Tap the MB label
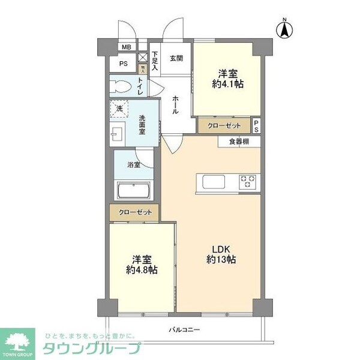126,47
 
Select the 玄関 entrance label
176,58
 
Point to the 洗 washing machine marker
119,109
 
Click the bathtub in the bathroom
135,191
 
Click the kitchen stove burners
248,181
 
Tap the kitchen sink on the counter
214,181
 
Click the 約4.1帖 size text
227,85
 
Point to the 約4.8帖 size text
142,270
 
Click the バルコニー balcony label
184,329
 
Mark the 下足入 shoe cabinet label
154,61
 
